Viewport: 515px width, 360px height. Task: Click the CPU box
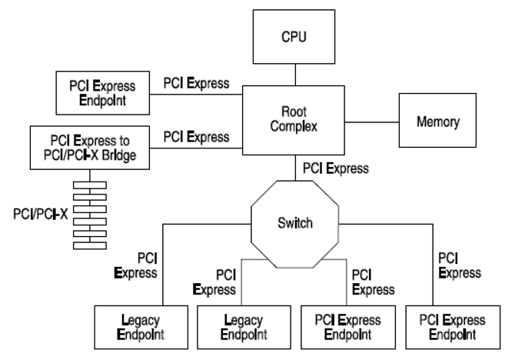(294, 35)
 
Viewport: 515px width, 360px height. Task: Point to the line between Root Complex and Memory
(372, 122)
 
